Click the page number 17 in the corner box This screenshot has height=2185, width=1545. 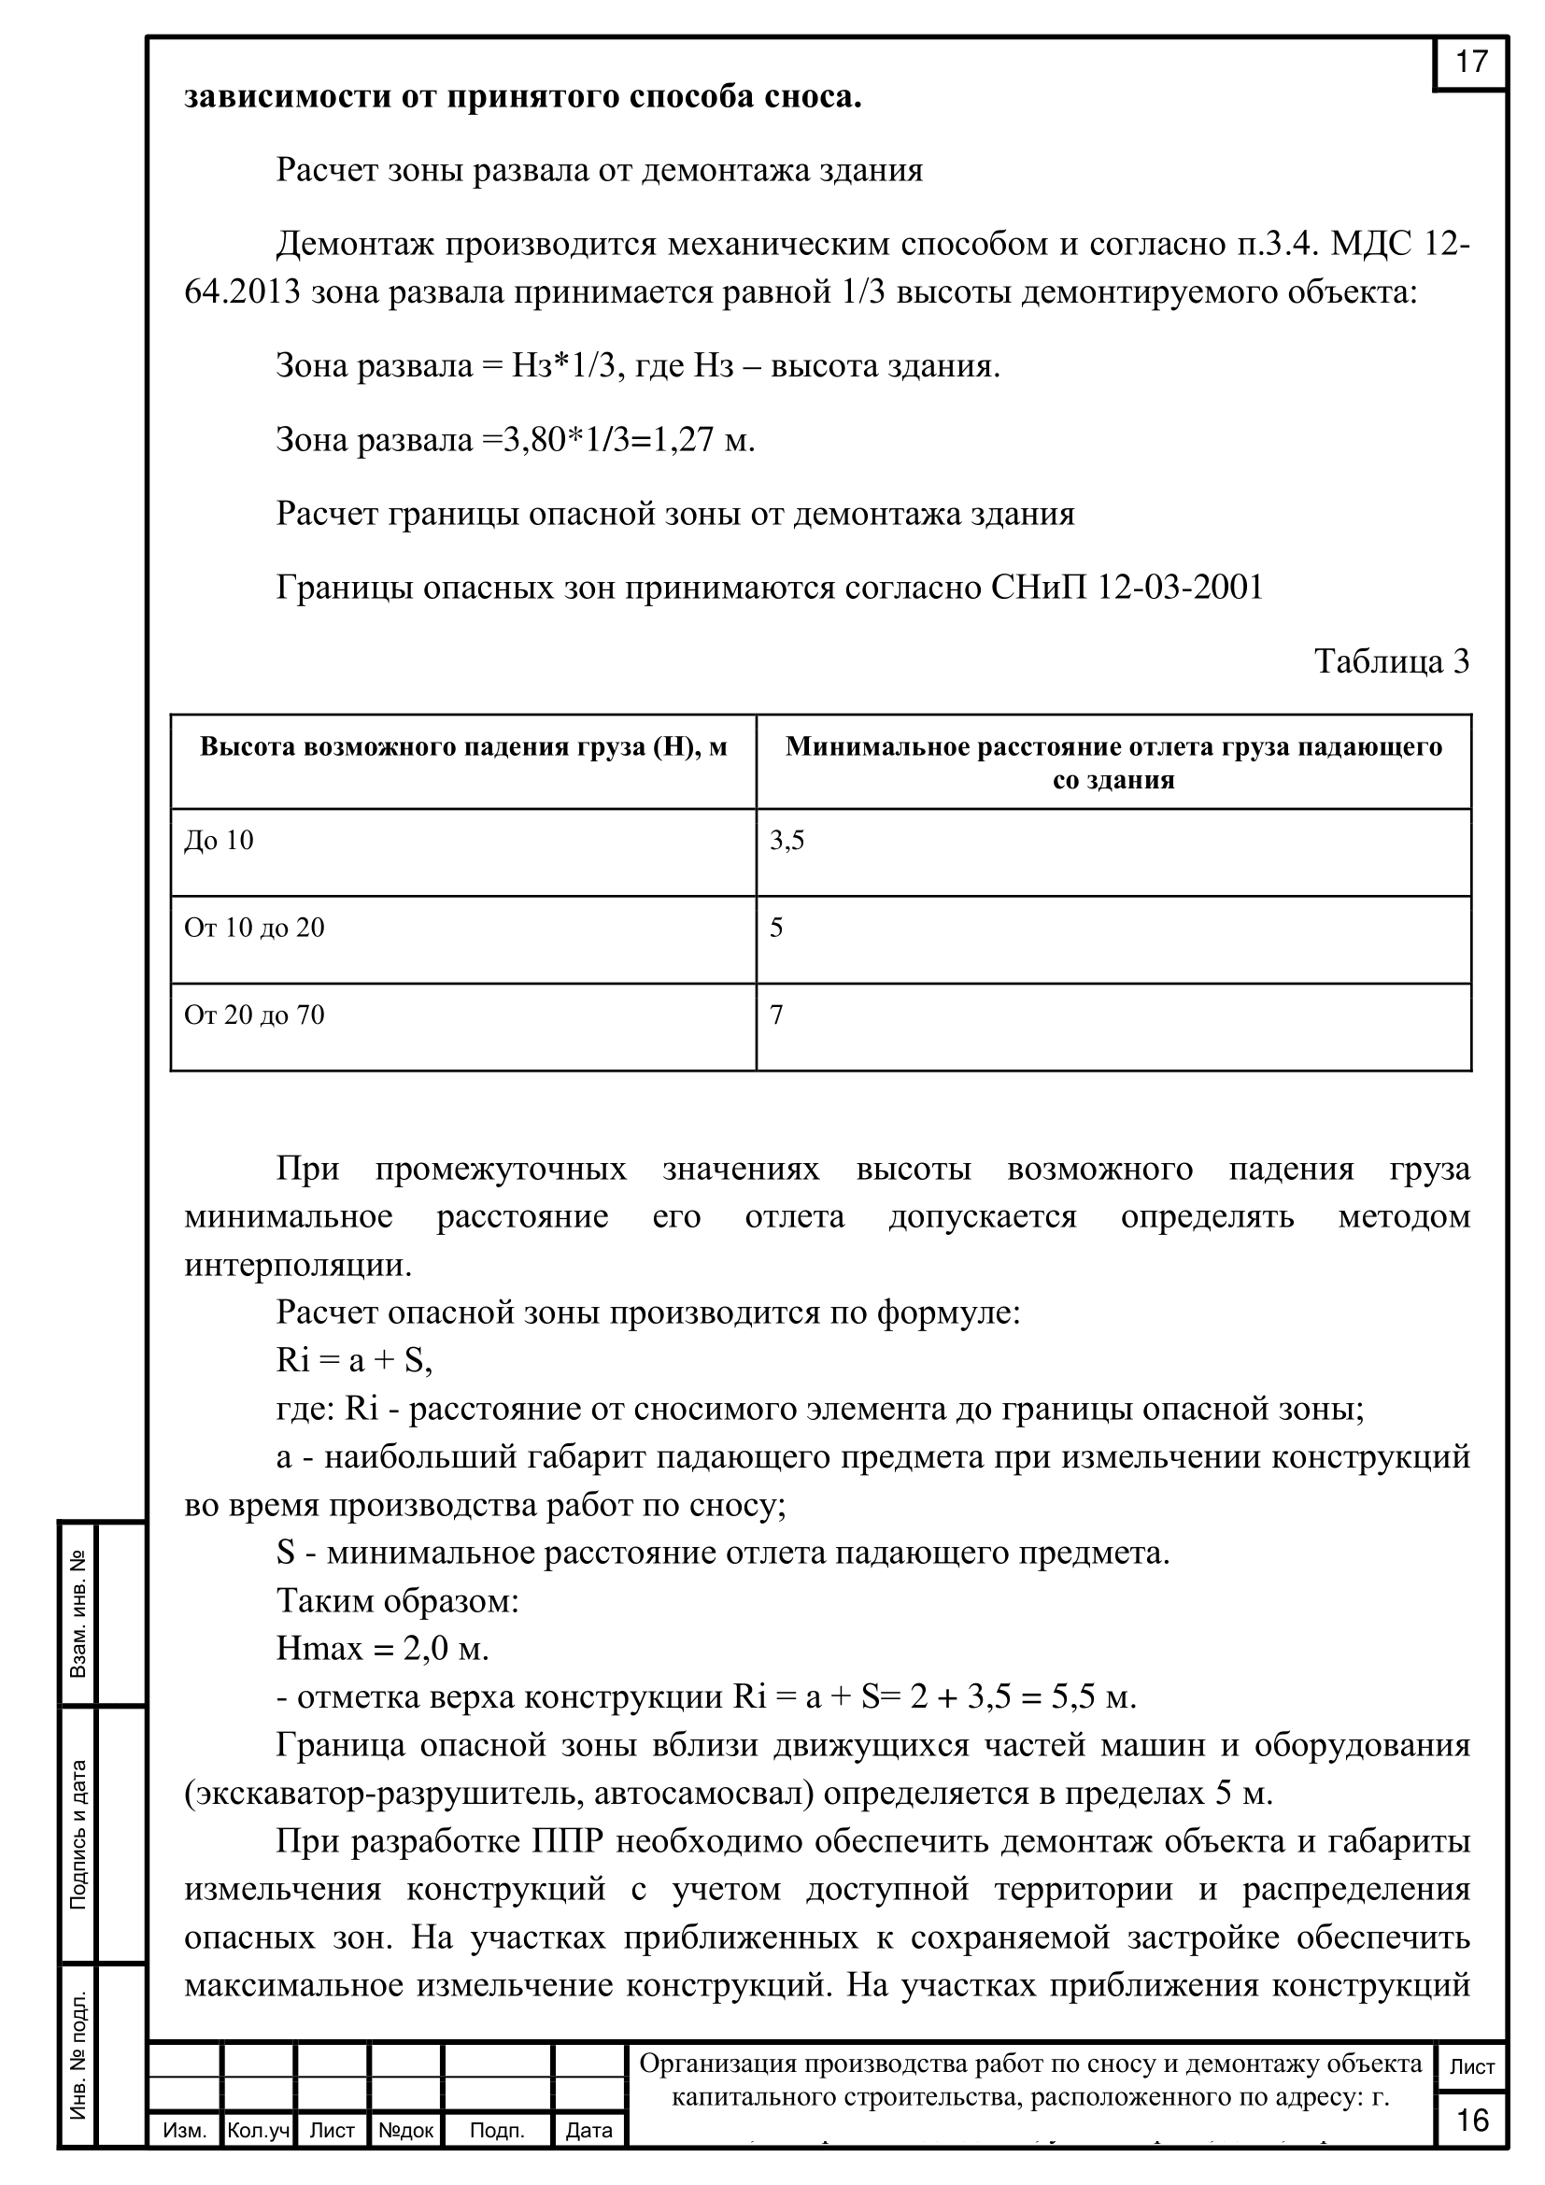pyautogui.click(x=1470, y=62)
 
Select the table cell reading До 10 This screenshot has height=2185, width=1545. pyautogui.click(x=219, y=841)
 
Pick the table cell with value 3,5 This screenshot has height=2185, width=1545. pyautogui.click(x=787, y=841)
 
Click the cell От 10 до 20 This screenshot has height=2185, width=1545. pyautogui.click(x=254, y=928)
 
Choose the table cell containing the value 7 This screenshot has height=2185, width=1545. pyautogui.click(x=776, y=1015)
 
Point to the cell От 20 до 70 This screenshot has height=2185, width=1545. pyautogui.click(x=254, y=1015)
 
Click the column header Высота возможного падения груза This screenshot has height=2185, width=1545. pyautogui.click(x=462, y=747)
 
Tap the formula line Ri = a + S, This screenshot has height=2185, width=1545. pyautogui.click(x=354, y=1362)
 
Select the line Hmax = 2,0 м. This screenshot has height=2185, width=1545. pyautogui.click(x=382, y=1647)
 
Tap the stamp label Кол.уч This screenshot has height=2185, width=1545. pyautogui.click(x=258, y=2130)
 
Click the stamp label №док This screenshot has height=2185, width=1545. pyautogui.click(x=405, y=2130)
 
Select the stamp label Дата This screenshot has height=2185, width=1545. pyautogui.click(x=588, y=2130)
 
